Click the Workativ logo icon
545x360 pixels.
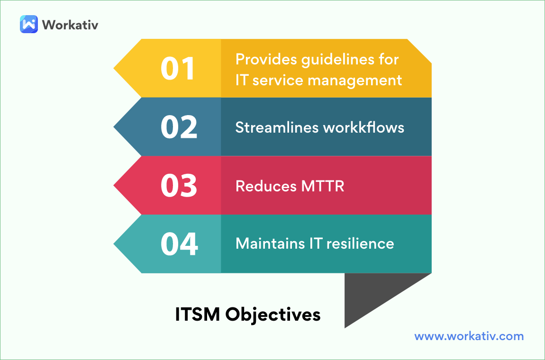point(29,24)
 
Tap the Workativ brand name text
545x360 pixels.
point(70,25)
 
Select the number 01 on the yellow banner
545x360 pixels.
point(178,69)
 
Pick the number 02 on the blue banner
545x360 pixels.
point(179,127)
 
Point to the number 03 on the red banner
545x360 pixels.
point(179,185)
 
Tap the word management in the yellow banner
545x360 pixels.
point(355,81)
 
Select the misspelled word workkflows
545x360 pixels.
point(363,127)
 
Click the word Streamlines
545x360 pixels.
point(277,127)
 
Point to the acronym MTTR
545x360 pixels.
point(323,186)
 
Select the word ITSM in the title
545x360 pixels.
point(198,315)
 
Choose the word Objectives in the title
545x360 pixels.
point(273,315)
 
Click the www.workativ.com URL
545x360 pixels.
point(469,336)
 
